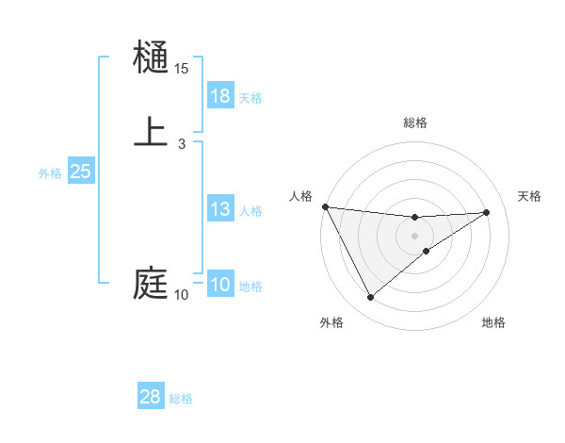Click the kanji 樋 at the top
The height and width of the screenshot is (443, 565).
point(151,57)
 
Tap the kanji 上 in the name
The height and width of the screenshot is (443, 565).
point(151,131)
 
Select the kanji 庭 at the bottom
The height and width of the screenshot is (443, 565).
point(151,284)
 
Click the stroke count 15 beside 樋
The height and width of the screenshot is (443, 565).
point(182,69)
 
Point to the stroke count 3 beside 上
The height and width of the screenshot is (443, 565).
point(182,143)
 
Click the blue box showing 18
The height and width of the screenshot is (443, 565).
point(220,95)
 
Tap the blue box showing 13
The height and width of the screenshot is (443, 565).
point(220,209)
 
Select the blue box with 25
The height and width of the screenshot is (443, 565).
point(81,172)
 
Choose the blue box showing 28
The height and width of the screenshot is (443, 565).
point(151,397)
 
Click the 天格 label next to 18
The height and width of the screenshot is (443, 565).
point(250,97)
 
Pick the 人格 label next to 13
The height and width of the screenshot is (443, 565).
point(250,211)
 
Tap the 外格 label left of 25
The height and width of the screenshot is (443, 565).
point(49,173)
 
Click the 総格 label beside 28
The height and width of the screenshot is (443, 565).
point(181,399)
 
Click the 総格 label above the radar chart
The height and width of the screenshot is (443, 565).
point(414,123)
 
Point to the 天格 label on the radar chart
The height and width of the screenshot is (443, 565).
point(529,196)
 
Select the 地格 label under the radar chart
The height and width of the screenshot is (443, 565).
point(493,322)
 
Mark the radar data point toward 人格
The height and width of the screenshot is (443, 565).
point(325,206)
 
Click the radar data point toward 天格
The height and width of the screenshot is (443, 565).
point(487,212)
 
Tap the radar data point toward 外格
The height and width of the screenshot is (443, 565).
point(370,298)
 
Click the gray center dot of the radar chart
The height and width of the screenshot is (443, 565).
point(414,236)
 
